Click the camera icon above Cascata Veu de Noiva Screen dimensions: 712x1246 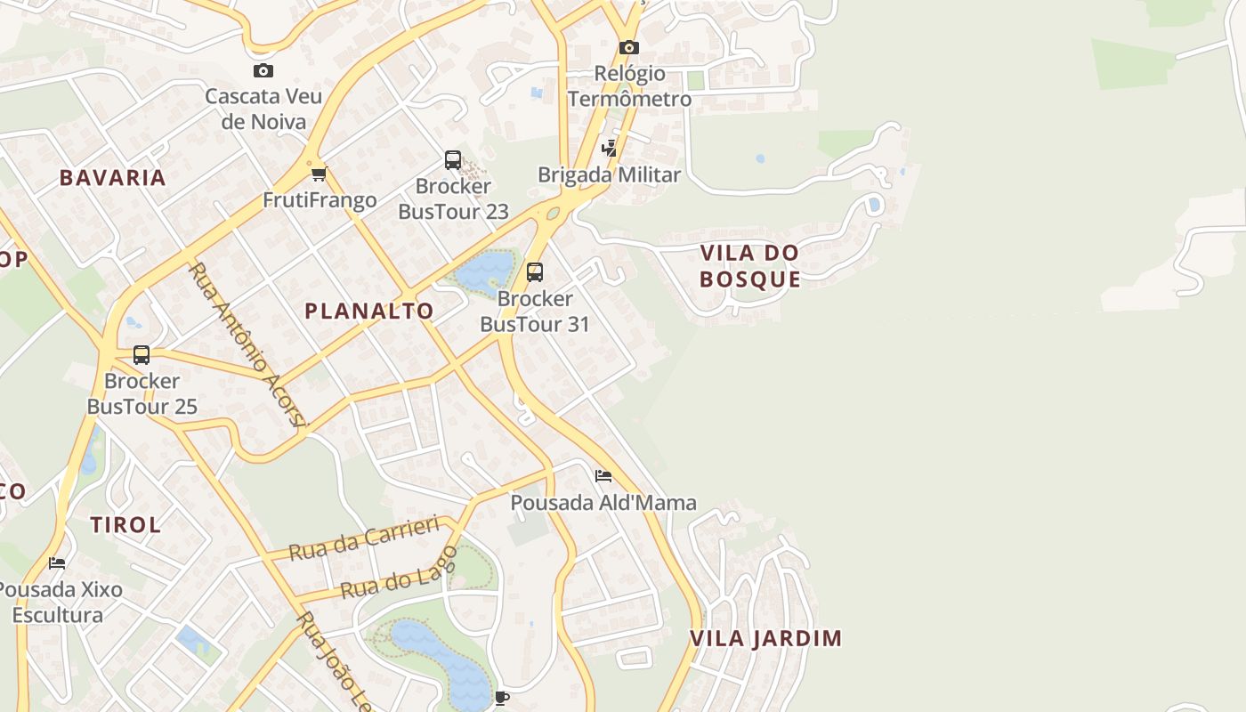point(263,71)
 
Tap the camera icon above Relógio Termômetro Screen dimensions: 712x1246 point(629,47)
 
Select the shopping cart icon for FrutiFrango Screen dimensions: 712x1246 point(319,174)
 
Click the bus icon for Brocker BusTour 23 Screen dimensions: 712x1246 point(453,160)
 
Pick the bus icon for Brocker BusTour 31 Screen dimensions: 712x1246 point(534,271)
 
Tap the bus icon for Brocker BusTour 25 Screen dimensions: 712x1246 point(142,355)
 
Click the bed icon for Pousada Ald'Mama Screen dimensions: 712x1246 point(603,476)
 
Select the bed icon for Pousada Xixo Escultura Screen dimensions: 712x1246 point(57,563)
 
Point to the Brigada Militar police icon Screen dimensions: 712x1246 point(610,149)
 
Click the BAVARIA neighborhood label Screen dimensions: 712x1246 point(113,177)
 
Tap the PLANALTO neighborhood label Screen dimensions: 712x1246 point(369,311)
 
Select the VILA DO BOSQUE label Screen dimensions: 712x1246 point(749,266)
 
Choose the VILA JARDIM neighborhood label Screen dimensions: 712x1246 point(765,638)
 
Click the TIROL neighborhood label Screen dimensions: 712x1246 point(126,525)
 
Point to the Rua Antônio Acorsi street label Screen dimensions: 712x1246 point(248,344)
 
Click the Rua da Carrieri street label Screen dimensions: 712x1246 point(365,538)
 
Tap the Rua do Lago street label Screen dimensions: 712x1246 point(399,573)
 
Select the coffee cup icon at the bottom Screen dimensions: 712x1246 point(502,697)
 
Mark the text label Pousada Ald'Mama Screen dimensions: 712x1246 point(603,503)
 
